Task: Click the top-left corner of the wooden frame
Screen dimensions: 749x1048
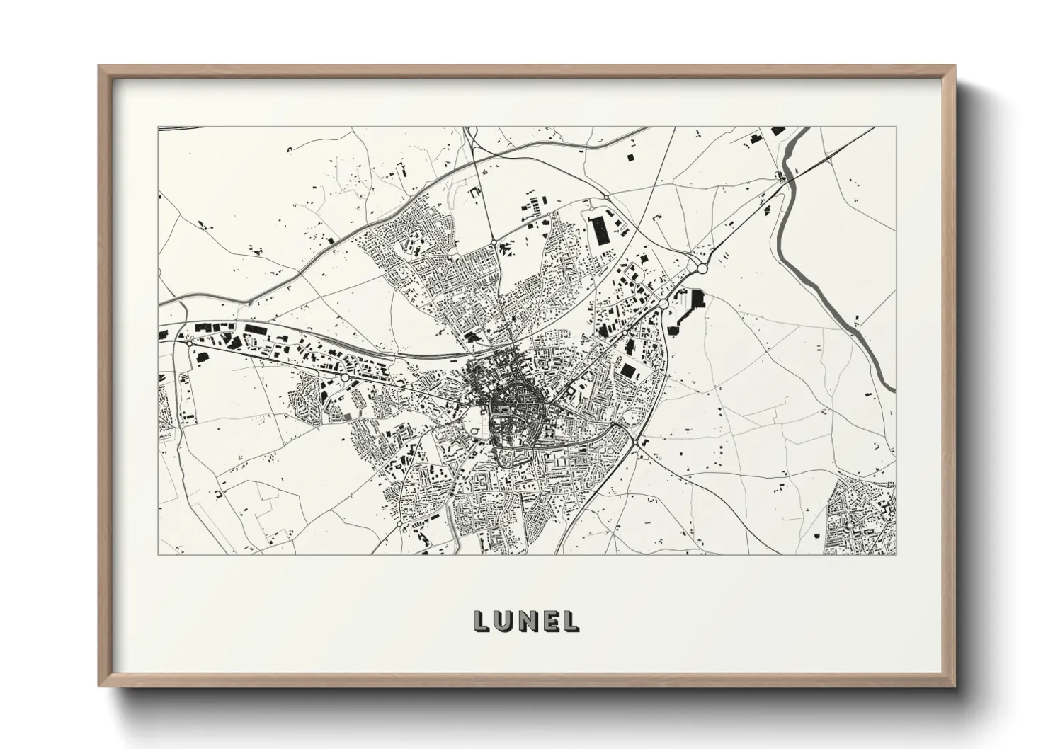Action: click(100, 67)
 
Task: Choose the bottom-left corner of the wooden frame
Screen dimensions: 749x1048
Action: click(100, 685)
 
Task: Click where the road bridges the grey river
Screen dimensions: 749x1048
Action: click(785, 178)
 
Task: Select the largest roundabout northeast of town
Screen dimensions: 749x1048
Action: click(702, 269)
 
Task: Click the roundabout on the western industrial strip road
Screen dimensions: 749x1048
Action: click(344, 378)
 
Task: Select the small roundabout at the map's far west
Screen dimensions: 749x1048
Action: click(190, 344)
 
